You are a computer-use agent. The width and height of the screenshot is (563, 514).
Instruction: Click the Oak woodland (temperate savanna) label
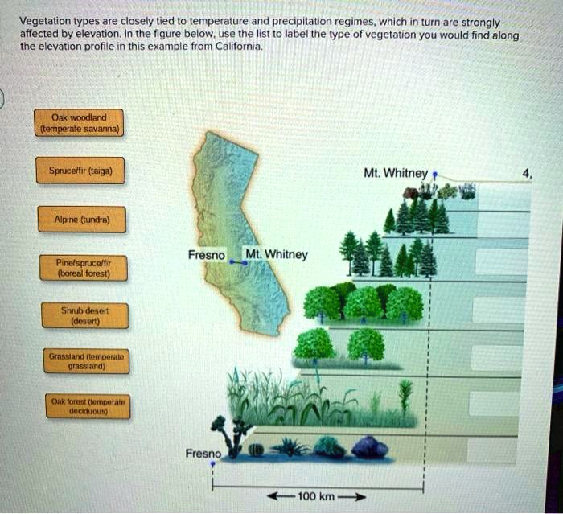coord(79,121)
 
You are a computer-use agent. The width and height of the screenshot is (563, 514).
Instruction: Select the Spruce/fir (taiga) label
coord(79,171)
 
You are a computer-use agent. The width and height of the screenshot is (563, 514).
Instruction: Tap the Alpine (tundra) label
coord(79,219)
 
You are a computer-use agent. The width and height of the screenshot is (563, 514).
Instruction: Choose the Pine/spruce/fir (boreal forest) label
coord(79,267)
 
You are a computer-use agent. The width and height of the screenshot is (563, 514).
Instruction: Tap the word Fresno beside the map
coord(206,255)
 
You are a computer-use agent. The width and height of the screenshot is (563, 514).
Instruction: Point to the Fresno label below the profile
coord(201,454)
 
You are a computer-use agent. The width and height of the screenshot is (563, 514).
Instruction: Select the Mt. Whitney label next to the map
coord(277,255)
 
